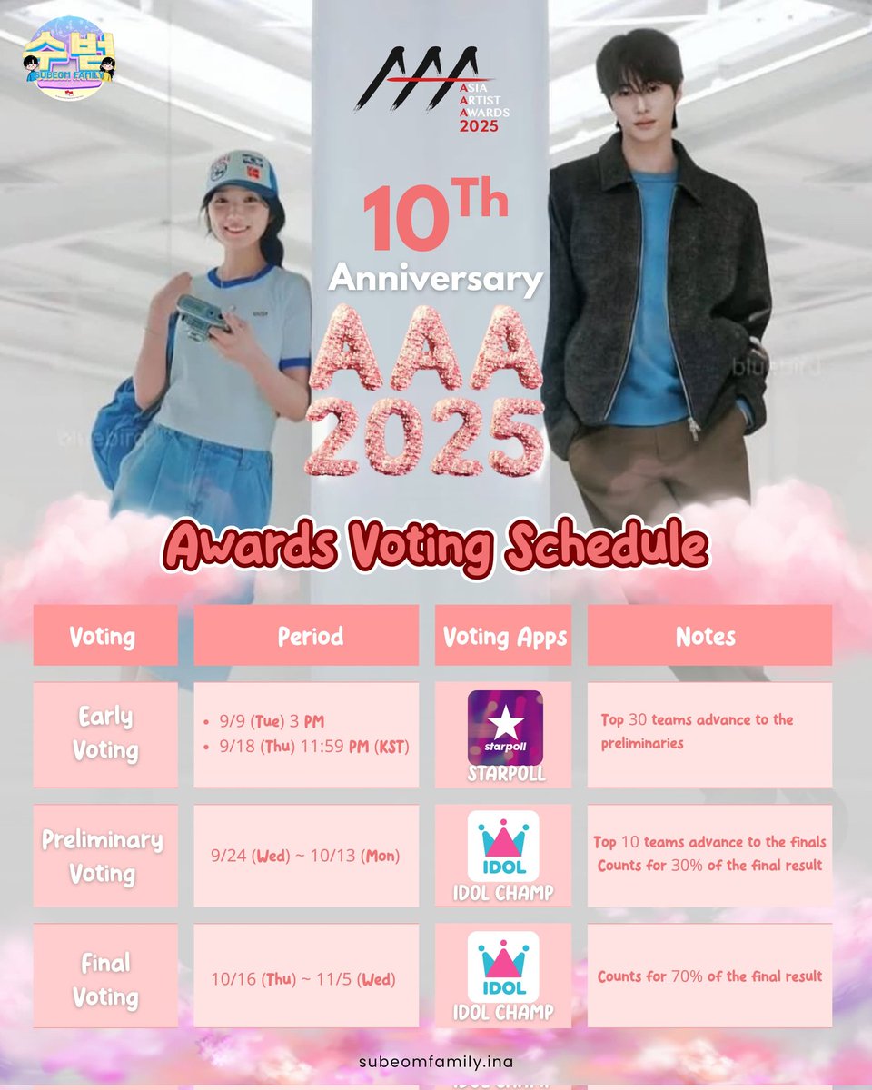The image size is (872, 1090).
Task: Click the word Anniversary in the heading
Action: [436, 278]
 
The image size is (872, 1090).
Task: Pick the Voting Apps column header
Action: [504, 637]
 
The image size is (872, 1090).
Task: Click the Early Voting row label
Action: [105, 734]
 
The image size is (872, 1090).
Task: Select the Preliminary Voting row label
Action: [103, 857]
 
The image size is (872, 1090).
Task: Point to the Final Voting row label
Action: [105, 979]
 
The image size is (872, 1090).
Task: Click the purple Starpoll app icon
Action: [505, 727]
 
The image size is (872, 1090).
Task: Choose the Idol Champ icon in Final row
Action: [503, 966]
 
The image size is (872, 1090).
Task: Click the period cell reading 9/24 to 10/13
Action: [305, 856]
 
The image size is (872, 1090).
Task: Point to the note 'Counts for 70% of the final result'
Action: [709, 976]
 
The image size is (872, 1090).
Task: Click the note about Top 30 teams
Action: [697, 731]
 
